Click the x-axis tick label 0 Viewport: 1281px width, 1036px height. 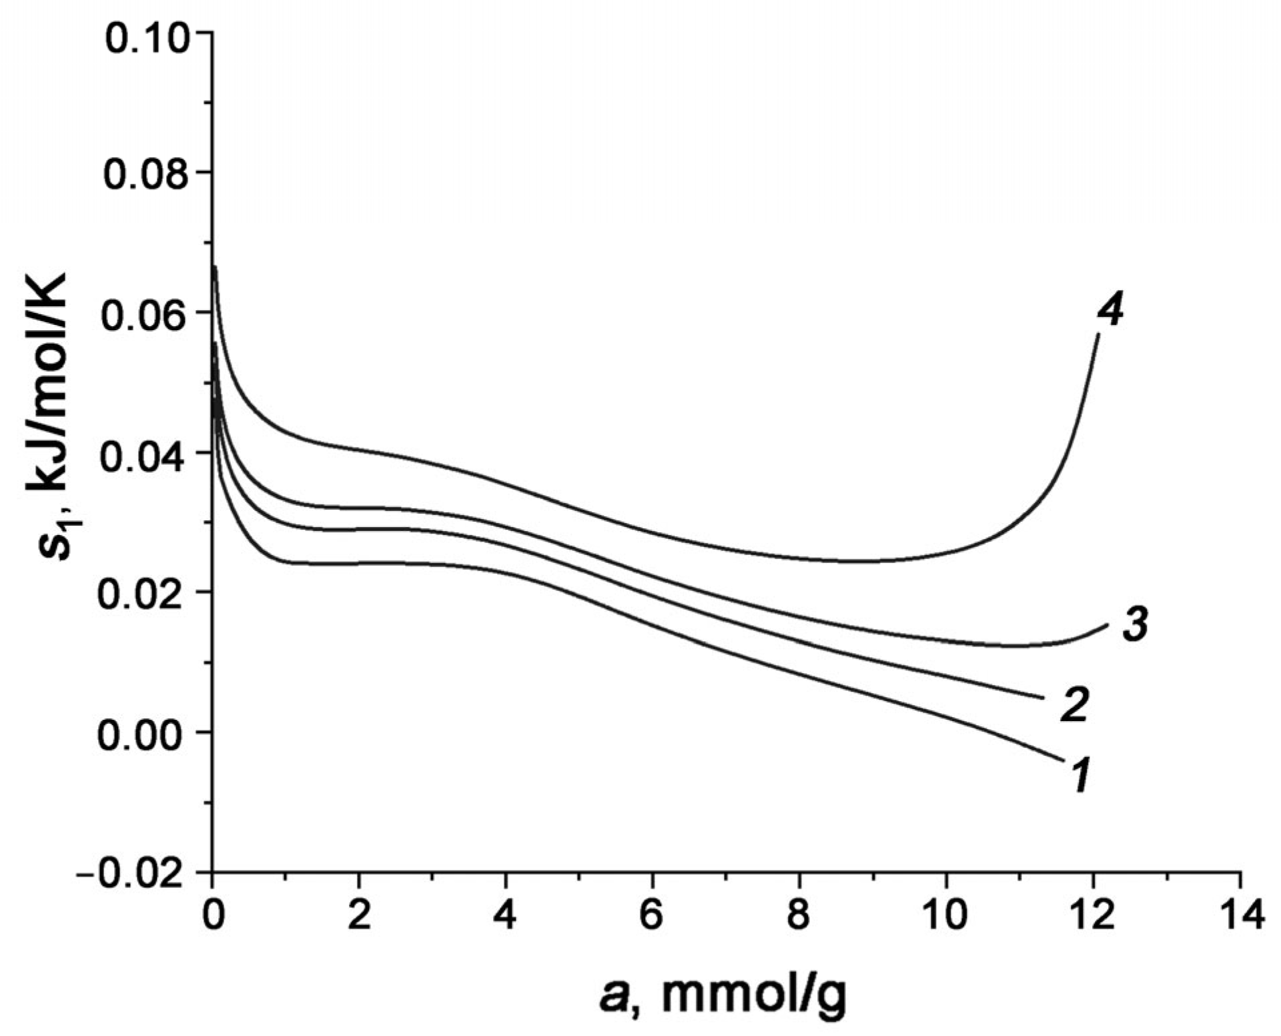tap(213, 916)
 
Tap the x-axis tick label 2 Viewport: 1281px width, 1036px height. tap(359, 916)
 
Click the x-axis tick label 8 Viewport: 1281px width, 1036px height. tap(799, 916)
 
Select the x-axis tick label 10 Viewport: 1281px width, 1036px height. tap(946, 916)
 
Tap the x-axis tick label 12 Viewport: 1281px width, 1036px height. tap(1093, 916)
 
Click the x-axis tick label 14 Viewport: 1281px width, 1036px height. tap(1240, 916)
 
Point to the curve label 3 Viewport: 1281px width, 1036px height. tap(1134, 625)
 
